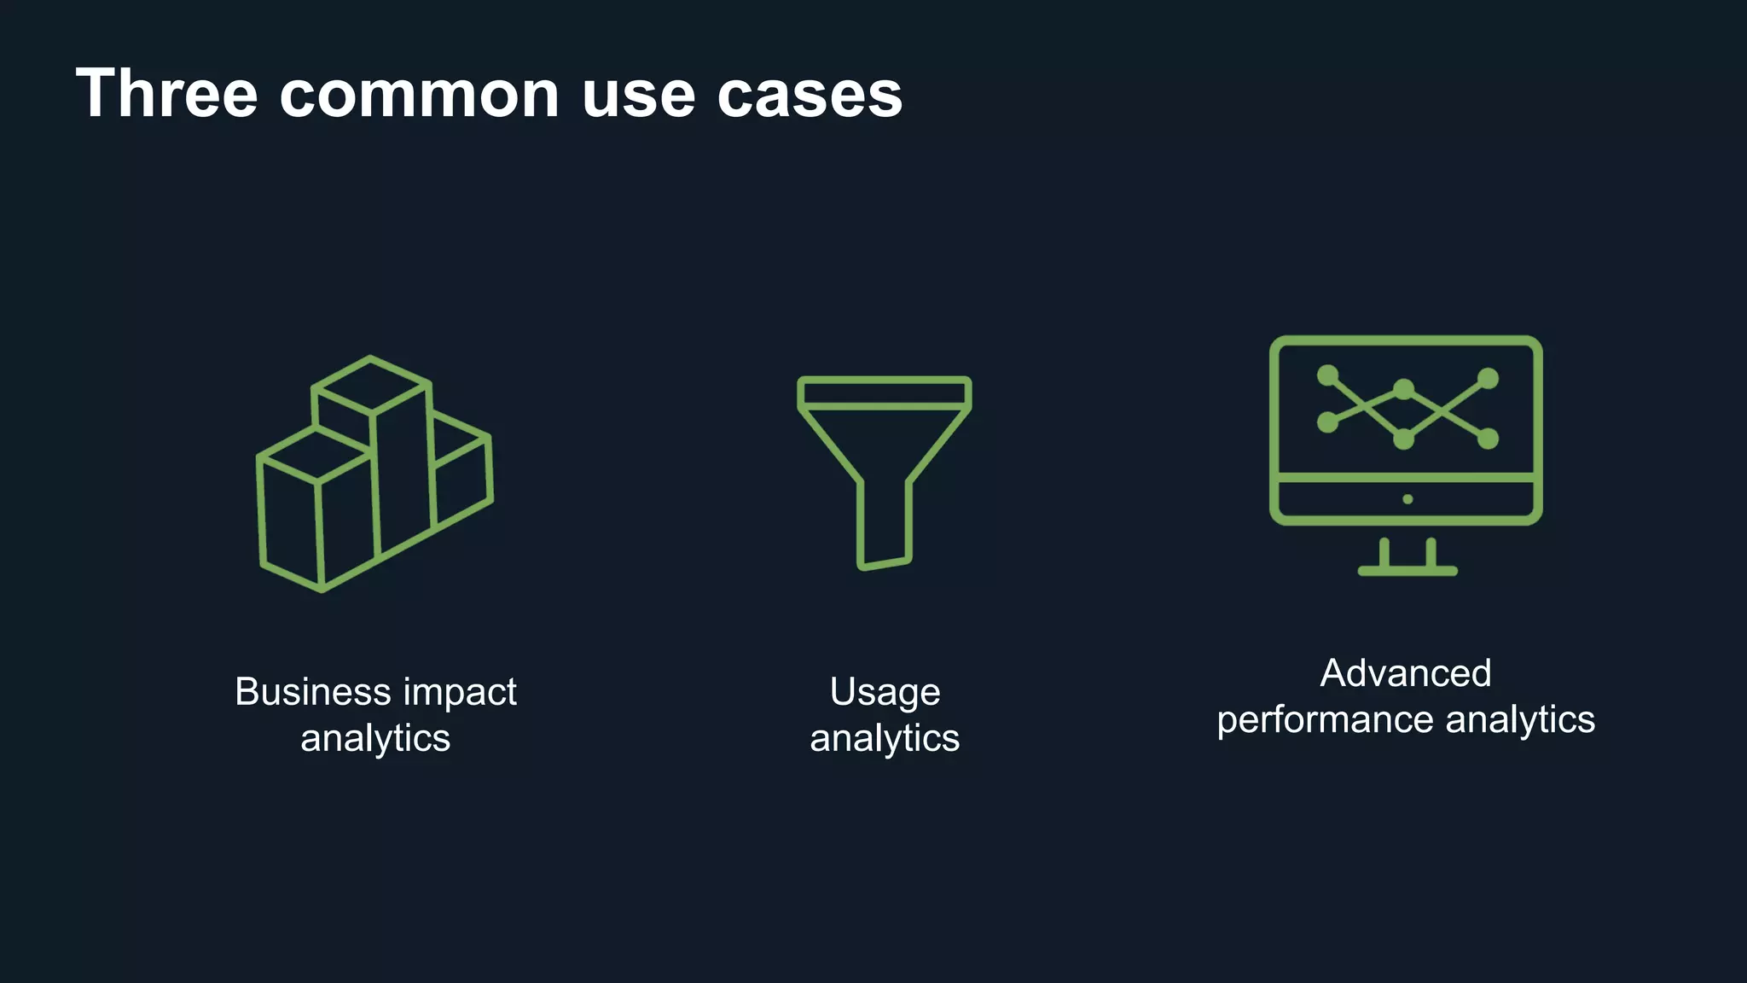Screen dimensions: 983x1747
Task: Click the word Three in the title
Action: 166,93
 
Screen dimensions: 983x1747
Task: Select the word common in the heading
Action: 419,95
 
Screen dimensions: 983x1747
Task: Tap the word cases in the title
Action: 810,95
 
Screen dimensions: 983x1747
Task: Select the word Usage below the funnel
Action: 885,692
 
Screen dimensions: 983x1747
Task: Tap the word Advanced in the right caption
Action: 1406,673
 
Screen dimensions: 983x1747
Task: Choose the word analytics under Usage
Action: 885,738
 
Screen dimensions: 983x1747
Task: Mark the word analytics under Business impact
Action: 375,738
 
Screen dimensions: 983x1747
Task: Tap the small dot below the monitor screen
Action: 1407,499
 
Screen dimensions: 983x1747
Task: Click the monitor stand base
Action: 1407,571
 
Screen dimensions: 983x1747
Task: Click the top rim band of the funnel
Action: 885,393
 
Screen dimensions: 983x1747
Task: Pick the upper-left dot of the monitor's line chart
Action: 1327,375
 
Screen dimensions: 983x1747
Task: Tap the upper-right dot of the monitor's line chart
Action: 1488,378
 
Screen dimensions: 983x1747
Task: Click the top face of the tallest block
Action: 371,386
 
